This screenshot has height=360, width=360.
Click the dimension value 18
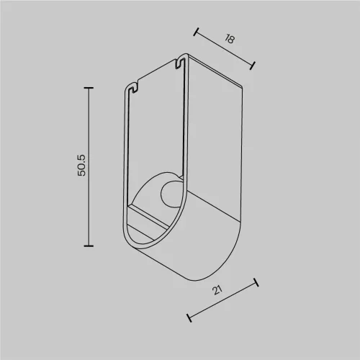[x=230, y=39]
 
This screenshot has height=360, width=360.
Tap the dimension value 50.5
[x=81, y=166]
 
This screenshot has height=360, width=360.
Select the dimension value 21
[x=217, y=290]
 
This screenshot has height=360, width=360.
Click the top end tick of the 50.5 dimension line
[x=89, y=88]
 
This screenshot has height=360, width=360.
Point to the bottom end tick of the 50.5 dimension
[x=89, y=246]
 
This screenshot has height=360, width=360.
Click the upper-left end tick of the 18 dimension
[x=196, y=32]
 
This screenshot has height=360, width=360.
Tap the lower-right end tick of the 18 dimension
[x=252, y=66]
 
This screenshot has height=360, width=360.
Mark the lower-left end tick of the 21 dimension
[x=189, y=318]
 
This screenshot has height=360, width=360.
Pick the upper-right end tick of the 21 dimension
[x=256, y=282]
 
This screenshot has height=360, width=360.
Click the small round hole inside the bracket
[x=170, y=194]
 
